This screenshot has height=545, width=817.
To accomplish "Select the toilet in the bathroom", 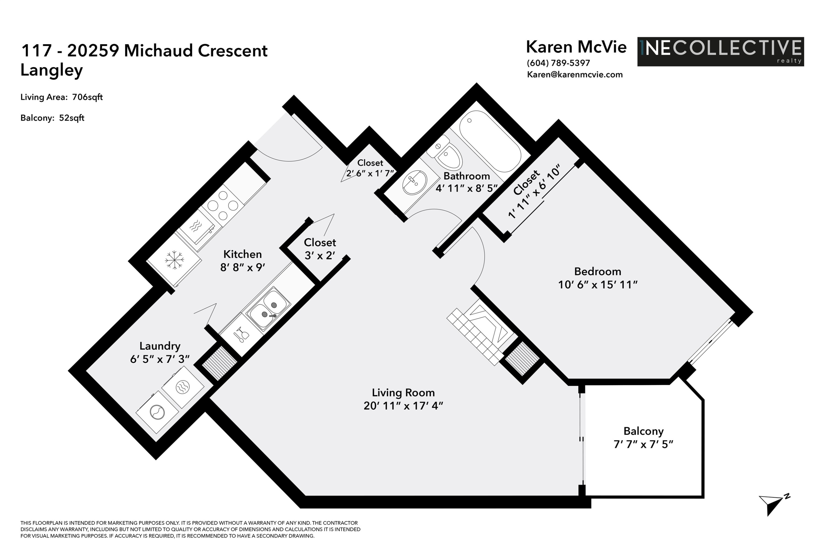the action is pos(445,153).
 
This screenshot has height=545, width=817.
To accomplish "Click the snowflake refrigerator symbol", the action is pos(174,260).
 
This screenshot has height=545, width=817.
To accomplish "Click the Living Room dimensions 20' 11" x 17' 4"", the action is pos(403,406).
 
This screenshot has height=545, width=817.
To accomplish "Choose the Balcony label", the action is pos(643,431).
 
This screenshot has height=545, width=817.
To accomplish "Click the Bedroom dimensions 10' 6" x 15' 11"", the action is pos(597,285).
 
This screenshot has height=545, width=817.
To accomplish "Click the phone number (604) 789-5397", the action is pos(558,63).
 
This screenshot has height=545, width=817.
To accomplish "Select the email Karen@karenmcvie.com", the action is pos(575,74).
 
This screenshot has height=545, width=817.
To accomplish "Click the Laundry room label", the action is pos(160,346).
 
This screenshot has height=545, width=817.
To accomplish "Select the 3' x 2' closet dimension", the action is pos(319,256).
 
